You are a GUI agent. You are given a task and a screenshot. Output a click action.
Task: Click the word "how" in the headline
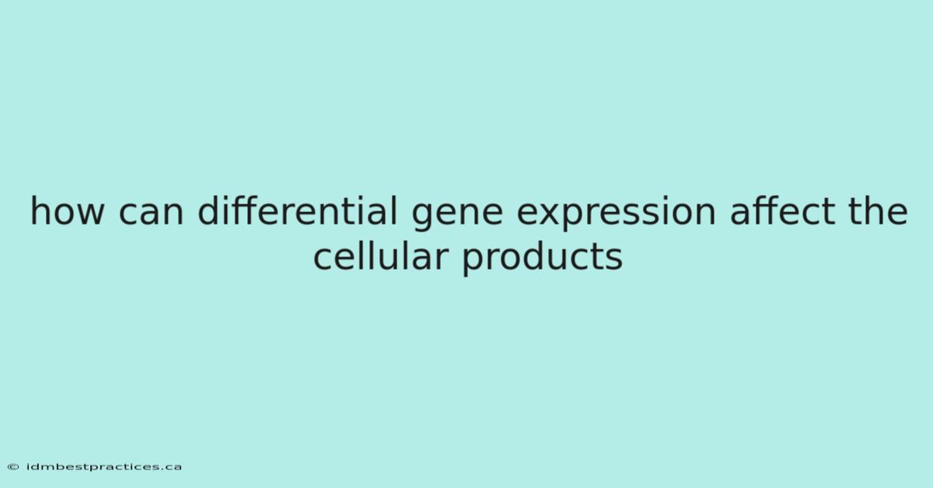(67, 211)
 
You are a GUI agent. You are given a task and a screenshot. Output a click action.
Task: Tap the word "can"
(151, 214)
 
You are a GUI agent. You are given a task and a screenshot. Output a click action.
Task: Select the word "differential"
(297, 211)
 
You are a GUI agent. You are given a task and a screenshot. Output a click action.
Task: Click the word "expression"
(616, 214)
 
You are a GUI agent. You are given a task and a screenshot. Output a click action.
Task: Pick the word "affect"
(783, 211)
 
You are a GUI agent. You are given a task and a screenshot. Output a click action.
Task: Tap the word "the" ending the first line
(878, 211)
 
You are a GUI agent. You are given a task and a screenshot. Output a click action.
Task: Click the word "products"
(543, 258)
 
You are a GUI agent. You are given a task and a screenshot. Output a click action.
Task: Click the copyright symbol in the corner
(13, 467)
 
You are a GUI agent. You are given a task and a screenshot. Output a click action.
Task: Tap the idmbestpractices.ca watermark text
(104, 467)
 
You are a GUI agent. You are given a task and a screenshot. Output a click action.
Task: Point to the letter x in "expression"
(553, 214)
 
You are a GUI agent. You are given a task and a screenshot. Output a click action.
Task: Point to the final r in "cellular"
(442, 259)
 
